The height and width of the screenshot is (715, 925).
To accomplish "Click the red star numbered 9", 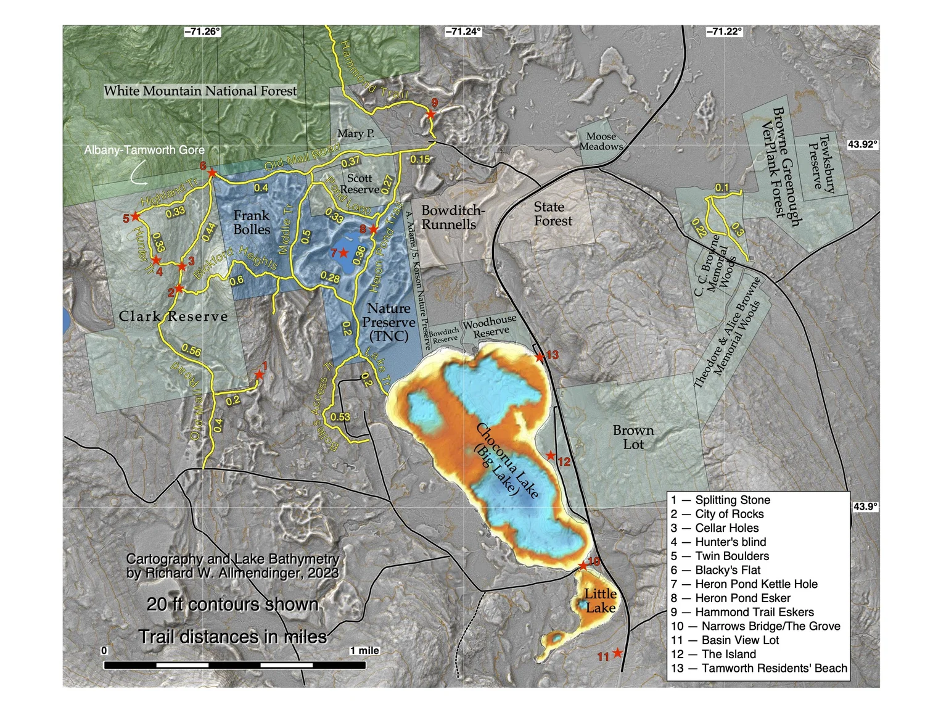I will [x=431, y=114].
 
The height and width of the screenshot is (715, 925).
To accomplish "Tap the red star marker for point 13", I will [x=540, y=357].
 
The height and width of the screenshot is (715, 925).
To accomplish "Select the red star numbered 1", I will [x=260, y=374].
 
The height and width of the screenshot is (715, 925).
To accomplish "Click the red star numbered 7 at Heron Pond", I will [x=343, y=253].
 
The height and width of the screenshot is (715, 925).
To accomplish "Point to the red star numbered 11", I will [x=617, y=653].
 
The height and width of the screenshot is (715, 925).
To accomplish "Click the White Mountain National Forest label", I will [x=200, y=91].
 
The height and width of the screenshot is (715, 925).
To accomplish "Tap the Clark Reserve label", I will [x=173, y=316].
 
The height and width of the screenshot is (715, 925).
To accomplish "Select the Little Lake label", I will [x=600, y=600].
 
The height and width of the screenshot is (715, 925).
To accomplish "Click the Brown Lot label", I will [x=633, y=437].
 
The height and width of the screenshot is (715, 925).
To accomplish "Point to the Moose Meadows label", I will [x=601, y=141].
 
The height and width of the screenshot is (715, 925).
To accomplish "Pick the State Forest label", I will [x=553, y=214].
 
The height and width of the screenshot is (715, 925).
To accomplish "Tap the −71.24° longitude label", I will [x=463, y=31].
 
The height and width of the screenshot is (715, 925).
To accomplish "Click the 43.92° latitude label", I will [x=862, y=144].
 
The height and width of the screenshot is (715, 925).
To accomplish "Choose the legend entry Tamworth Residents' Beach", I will [x=758, y=668].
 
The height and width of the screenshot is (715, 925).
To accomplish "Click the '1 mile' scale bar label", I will [x=364, y=651].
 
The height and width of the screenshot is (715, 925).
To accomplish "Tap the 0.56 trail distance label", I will [x=191, y=351].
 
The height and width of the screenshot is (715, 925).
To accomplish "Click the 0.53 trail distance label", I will [x=340, y=417].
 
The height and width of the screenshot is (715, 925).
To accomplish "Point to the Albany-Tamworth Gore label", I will [x=144, y=150].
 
